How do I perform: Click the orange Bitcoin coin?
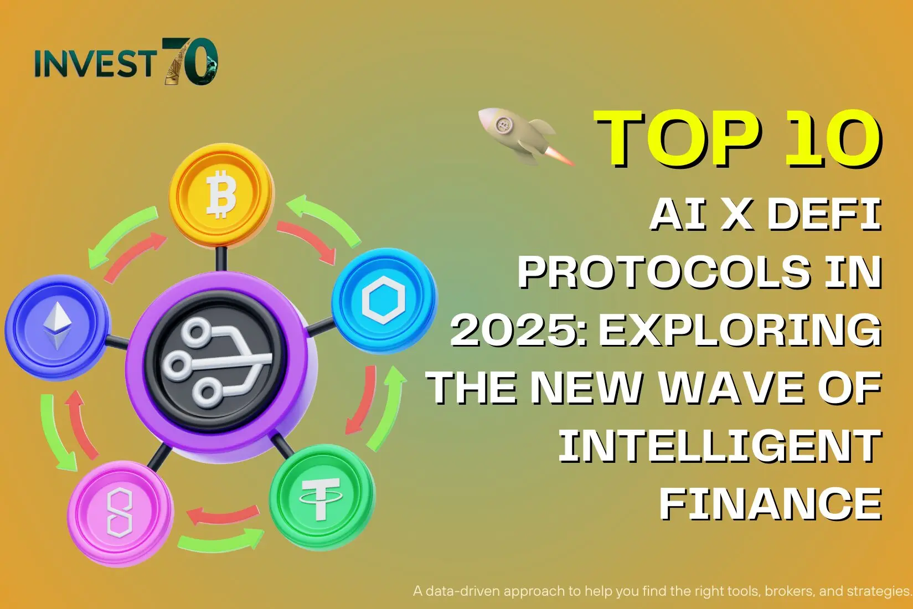(221, 195)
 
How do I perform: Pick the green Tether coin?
(322, 497)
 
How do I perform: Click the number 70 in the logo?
(190, 61)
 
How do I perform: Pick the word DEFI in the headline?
(824, 215)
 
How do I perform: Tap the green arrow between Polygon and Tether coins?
(221, 542)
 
